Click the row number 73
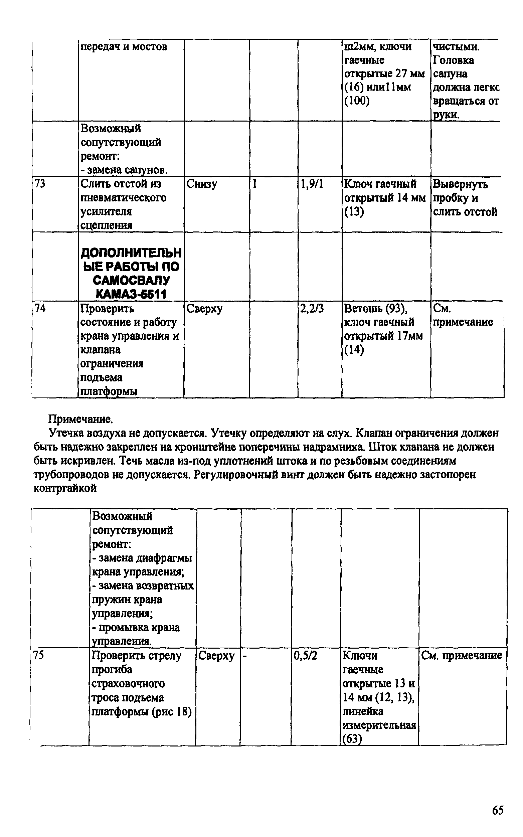coord(40,184)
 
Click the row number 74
coord(40,308)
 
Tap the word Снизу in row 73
coord(202,184)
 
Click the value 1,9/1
coord(312,184)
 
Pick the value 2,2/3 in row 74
coord(312,308)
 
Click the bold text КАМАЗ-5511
coord(131,294)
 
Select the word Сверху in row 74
coord(204,308)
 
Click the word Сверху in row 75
coord(216,655)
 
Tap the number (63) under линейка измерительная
coord(352,739)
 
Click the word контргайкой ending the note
coord(65,488)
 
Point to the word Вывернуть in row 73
coord(461,184)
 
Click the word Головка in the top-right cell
coord(454,60)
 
